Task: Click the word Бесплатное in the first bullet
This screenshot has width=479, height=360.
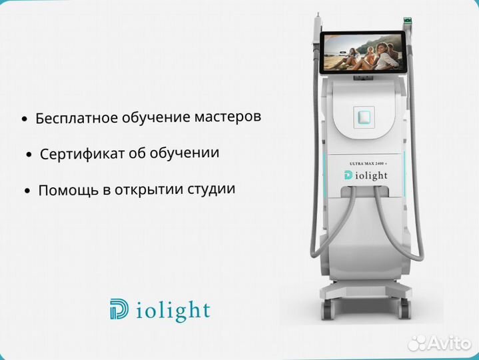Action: coord(75,118)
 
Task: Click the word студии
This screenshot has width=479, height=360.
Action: coord(213,188)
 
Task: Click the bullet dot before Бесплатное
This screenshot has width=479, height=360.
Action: coord(25,119)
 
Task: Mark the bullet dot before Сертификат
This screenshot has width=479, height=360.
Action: coord(29,155)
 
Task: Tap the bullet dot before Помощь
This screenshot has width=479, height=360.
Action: coord(27,191)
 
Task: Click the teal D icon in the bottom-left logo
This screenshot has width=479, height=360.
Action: coord(121,310)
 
